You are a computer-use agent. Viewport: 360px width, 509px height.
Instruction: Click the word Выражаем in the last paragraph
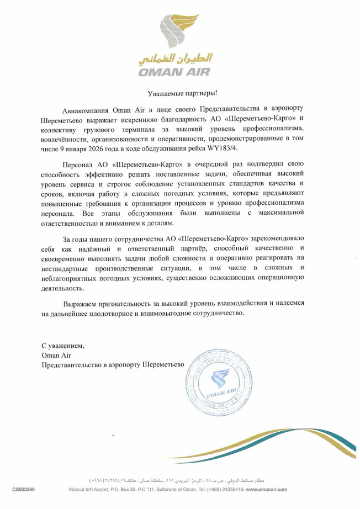80,304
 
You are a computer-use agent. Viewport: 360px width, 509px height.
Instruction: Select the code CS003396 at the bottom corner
24,489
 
